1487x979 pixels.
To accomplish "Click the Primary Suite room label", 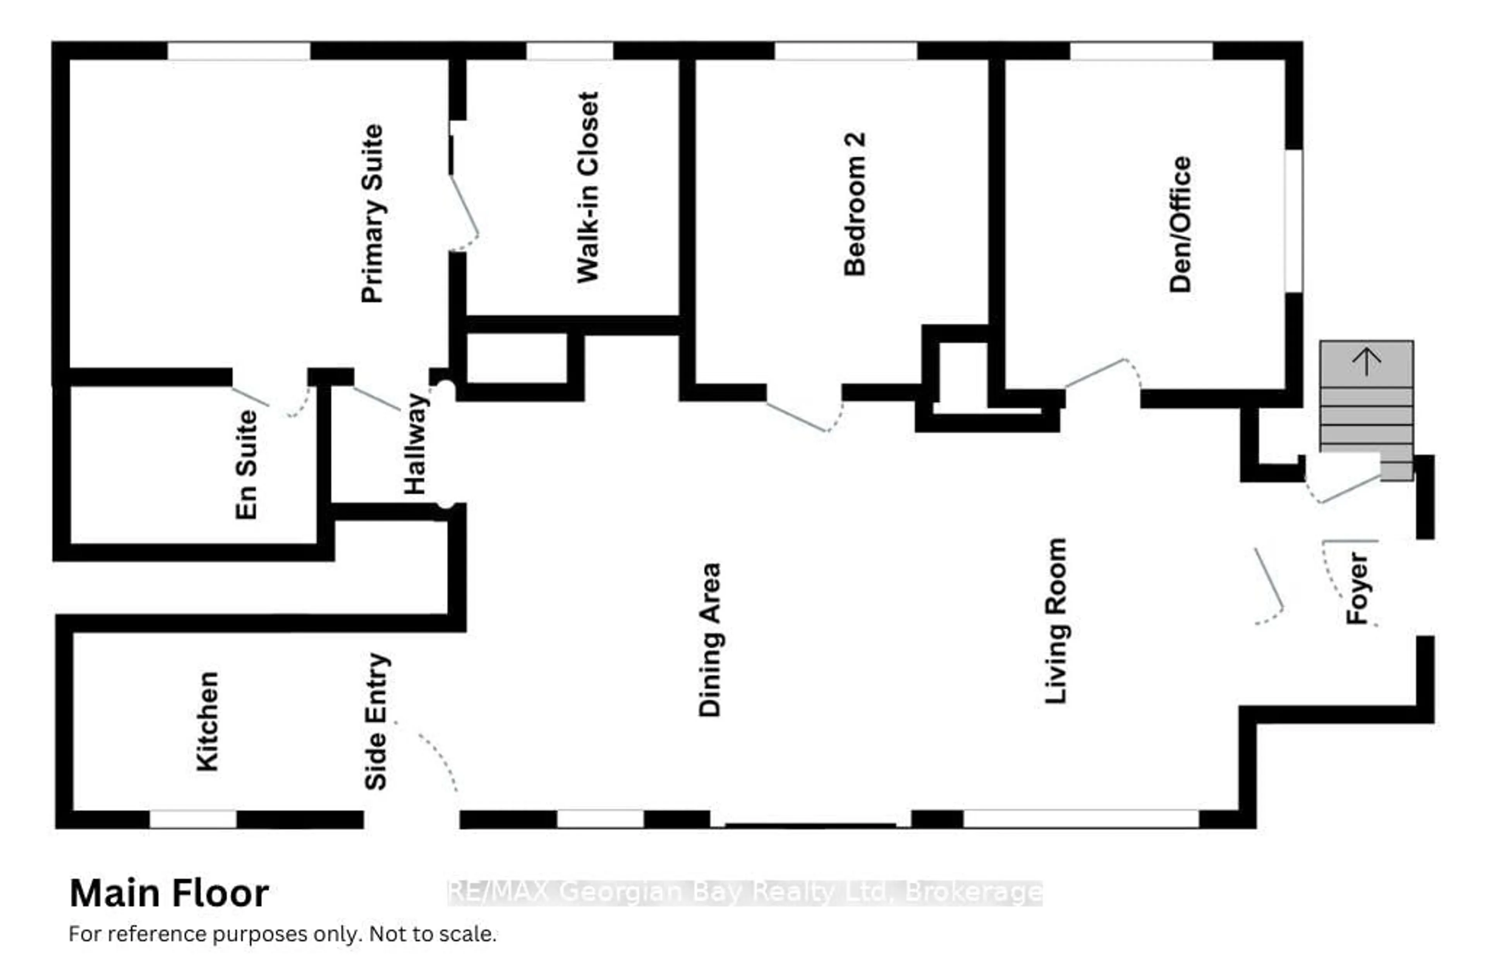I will [373, 214].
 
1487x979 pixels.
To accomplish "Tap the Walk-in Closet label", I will [588, 187].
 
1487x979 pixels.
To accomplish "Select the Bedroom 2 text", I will [855, 204].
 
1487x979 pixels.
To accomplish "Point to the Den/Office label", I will [1180, 224].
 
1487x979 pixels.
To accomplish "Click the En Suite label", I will [246, 465].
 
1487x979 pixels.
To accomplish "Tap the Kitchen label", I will [208, 721].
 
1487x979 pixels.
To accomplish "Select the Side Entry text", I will [376, 721].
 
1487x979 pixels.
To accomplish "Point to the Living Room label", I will [1056, 620].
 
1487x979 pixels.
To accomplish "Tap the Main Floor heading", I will [169, 893].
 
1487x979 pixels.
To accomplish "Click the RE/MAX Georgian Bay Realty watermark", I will [745, 893].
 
